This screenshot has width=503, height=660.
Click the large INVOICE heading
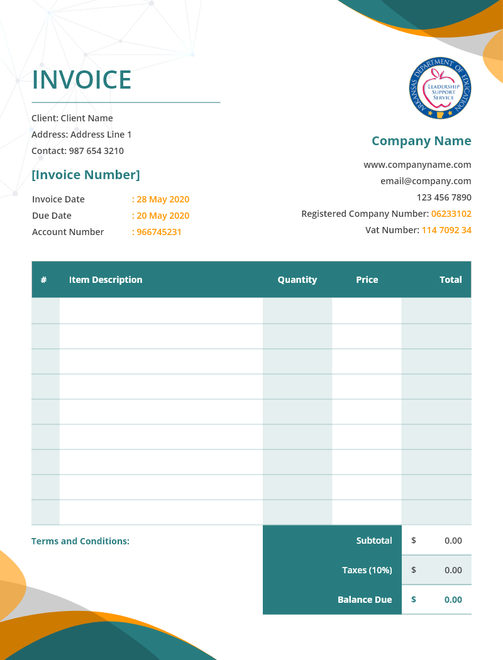(82, 80)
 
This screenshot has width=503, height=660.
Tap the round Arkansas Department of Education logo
(440, 88)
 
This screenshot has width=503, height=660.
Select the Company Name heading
(421, 141)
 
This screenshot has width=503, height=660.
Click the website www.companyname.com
(417, 165)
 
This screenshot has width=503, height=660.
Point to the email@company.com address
(426, 181)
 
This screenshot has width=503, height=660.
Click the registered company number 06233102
(451, 214)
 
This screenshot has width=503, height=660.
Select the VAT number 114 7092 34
(446, 230)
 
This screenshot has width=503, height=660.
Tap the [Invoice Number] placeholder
(86, 175)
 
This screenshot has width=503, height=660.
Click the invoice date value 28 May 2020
(163, 199)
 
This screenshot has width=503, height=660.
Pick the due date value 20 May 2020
(163, 216)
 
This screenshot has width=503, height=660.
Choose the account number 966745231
(159, 232)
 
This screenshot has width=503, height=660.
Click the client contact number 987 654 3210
(96, 151)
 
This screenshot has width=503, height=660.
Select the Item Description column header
(106, 280)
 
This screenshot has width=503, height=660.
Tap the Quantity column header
(297, 280)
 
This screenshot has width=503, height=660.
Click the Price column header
(367, 280)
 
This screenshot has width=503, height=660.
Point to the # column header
(43, 280)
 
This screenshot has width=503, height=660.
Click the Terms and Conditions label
(80, 541)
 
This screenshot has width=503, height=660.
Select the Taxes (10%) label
(367, 570)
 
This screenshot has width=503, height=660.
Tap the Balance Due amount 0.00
(453, 600)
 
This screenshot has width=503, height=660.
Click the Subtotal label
(374, 541)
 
